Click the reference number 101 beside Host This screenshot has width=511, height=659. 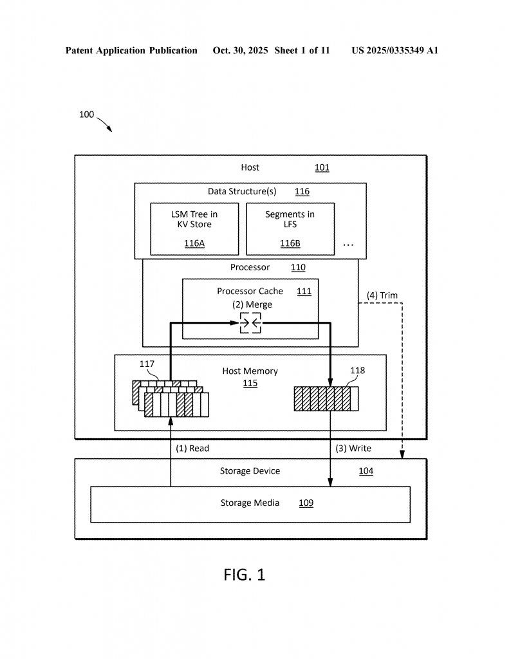(322, 168)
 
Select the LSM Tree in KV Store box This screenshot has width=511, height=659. (194, 228)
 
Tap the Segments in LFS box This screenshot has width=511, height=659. (290, 228)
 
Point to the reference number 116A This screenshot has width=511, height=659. (194, 243)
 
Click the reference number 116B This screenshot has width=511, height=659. (290, 243)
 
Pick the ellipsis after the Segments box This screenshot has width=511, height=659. (348, 245)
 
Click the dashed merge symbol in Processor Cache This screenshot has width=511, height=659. (250, 322)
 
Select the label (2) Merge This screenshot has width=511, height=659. (252, 304)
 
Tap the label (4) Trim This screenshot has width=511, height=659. (382, 295)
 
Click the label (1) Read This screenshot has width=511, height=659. (192, 448)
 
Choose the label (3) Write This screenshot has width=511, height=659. (353, 448)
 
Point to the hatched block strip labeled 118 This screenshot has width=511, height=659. (326, 398)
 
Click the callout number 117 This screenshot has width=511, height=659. (147, 364)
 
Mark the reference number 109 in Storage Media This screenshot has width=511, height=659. (306, 503)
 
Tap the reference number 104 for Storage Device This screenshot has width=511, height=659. (366, 471)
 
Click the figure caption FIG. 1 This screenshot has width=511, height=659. (244, 575)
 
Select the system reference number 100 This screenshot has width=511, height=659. (86, 115)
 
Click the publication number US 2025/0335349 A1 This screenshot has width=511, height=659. (395, 50)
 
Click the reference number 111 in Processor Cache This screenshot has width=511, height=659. (304, 291)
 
